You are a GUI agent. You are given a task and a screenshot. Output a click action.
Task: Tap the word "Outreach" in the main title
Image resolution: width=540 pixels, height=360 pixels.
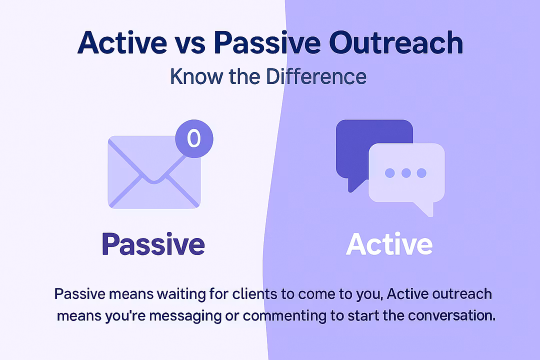pos(396,42)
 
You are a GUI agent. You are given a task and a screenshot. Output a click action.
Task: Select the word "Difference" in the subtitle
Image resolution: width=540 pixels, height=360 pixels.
pos(316,76)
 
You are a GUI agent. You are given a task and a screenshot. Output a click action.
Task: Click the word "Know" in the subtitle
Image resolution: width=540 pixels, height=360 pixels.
pos(196,76)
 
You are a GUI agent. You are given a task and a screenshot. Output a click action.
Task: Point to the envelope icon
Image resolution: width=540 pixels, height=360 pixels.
pos(154,172)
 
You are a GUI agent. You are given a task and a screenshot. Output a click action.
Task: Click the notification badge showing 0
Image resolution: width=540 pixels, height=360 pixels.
pos(194,138)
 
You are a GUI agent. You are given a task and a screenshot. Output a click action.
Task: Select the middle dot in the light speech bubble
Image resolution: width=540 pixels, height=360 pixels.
pos(406,172)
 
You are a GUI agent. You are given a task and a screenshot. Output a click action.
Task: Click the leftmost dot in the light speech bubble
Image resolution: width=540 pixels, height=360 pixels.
pos(390,172)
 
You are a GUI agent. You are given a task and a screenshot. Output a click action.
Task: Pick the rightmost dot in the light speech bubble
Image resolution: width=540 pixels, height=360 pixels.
pos(421,172)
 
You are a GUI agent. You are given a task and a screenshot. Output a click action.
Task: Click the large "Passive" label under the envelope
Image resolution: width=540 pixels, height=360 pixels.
pos(153,244)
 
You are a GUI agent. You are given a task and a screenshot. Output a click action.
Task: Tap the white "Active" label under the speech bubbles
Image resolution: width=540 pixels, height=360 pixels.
pos(389,244)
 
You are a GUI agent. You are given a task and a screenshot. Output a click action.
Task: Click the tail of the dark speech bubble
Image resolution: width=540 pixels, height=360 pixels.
pos(353,184)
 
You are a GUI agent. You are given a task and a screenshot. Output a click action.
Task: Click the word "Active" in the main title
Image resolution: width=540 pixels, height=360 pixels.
pos(122,42)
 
